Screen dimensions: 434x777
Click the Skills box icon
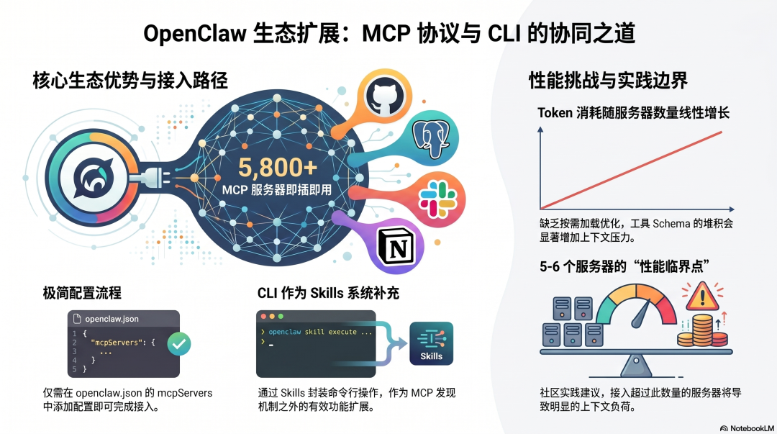(431, 343)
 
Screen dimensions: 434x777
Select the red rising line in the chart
(633, 169)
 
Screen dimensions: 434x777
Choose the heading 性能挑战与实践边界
(608, 80)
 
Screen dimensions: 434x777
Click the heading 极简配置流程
(82, 293)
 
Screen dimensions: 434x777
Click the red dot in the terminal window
(264, 317)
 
